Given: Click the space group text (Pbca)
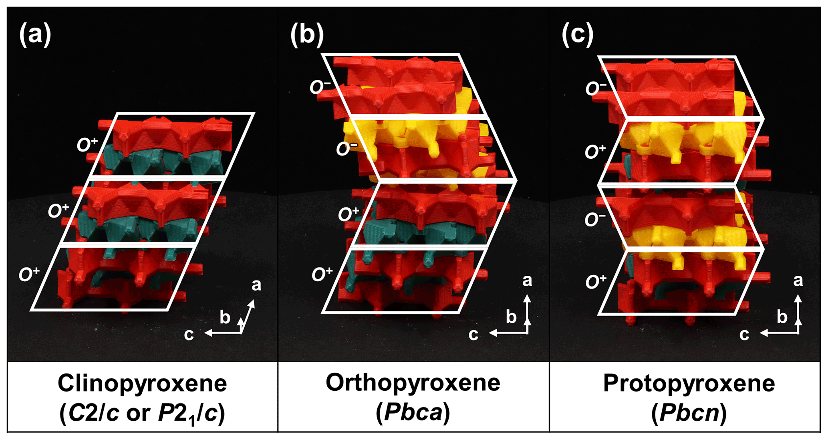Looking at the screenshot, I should point(413,413).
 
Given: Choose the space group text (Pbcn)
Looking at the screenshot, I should point(689,413).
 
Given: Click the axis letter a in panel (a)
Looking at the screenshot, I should point(256,285).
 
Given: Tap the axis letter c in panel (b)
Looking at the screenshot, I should point(473,334).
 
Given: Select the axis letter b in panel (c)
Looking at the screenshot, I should point(782,317).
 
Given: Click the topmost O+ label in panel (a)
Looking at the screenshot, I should point(87,144).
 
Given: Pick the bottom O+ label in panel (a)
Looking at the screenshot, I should point(29,274).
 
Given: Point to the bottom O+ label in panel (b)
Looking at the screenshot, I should point(322,274).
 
